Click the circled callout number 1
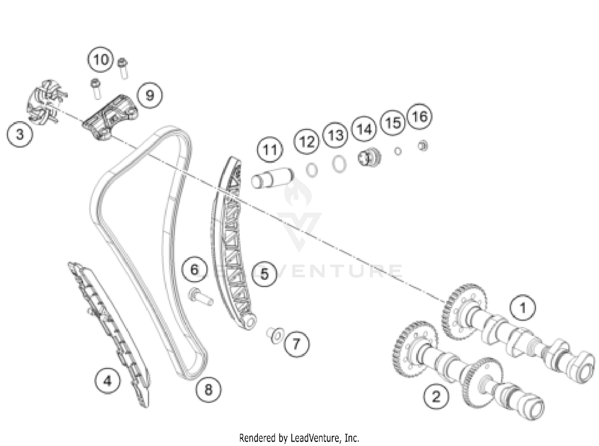(x=523, y=308)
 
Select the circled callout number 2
(x=436, y=396)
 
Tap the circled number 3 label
(x=20, y=134)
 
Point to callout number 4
(x=107, y=381)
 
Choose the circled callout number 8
(x=208, y=390)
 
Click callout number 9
(x=150, y=95)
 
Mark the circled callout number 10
(x=101, y=60)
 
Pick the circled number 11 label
(x=270, y=149)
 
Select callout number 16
(x=420, y=117)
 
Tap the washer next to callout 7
(x=276, y=336)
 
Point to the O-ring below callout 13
(x=339, y=164)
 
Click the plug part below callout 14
(x=369, y=157)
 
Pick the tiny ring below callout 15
(x=397, y=151)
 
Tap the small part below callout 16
(x=423, y=146)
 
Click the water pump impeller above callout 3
(x=46, y=102)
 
